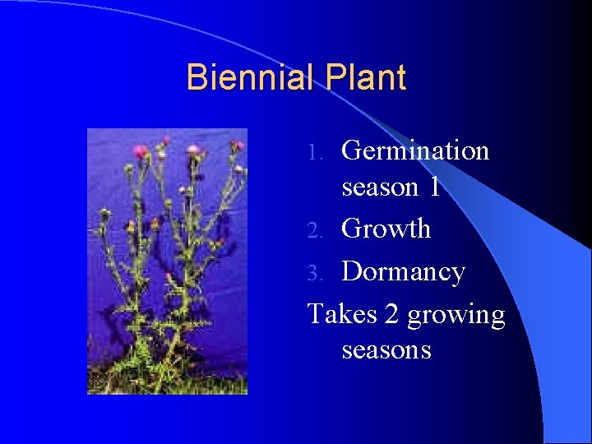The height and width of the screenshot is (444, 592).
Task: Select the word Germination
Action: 415,150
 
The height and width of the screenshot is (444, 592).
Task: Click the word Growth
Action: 386,228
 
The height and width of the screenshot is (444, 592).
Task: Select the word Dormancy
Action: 403,272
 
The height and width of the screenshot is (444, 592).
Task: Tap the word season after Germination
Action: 379,188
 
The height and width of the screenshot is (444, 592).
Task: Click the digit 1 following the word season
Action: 434,187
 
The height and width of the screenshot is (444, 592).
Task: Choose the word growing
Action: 456,316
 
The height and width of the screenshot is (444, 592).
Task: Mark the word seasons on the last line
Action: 386,350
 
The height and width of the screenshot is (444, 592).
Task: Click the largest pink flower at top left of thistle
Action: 141,151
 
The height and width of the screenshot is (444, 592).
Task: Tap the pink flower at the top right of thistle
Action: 237,146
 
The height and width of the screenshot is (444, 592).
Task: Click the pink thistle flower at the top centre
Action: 194,150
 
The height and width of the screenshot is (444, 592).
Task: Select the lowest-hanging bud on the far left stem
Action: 105,215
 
